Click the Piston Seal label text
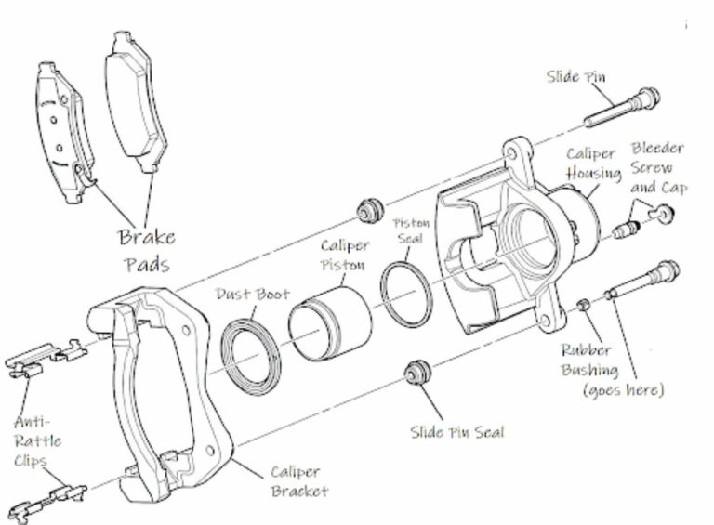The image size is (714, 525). (409, 234)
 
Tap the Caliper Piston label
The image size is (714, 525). (344, 256)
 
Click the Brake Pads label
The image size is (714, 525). (146, 250)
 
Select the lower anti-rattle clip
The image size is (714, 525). (46, 492)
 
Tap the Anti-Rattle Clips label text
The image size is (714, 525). (38, 441)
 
